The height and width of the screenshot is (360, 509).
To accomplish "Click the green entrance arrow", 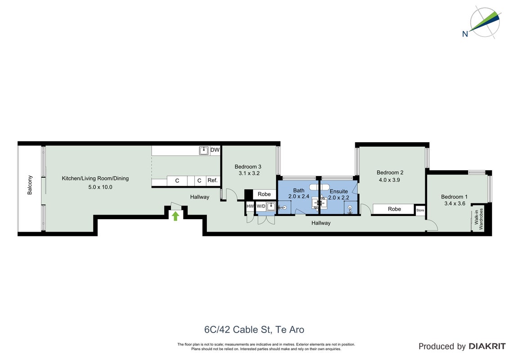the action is click(x=175, y=216).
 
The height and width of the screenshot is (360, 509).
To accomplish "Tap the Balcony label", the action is click(x=30, y=185).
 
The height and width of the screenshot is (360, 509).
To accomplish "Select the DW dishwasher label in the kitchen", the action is click(x=215, y=150).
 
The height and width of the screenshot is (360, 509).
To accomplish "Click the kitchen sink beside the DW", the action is click(x=204, y=150).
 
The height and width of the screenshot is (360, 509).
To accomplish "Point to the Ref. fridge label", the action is click(x=213, y=180).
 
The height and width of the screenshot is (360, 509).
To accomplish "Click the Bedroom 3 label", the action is click(x=248, y=166).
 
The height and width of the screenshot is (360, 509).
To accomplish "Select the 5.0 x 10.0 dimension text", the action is click(x=100, y=187).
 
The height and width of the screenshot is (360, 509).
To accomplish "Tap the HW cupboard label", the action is click(x=250, y=206).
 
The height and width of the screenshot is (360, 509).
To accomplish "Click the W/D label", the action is click(x=261, y=206).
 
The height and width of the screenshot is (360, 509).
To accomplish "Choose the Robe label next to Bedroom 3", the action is click(x=264, y=194).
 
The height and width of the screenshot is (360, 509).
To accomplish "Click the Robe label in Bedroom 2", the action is click(x=394, y=209).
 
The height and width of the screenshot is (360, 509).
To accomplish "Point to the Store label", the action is click(x=420, y=210).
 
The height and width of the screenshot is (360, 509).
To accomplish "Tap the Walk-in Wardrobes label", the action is click(x=479, y=219).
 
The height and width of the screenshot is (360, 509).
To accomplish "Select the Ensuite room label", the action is click(x=339, y=191).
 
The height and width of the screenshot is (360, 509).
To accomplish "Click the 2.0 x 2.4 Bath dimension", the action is click(x=299, y=197).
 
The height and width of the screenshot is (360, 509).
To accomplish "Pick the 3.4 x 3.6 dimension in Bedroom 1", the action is click(x=455, y=204).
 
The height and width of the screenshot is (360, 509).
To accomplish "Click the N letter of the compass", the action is click(x=465, y=34).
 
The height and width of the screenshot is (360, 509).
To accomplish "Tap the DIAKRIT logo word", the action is click(x=487, y=346).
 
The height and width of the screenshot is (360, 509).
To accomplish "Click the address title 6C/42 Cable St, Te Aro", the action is click(x=254, y=330).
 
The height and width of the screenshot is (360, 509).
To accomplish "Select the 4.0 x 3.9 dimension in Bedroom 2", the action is click(x=389, y=180).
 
